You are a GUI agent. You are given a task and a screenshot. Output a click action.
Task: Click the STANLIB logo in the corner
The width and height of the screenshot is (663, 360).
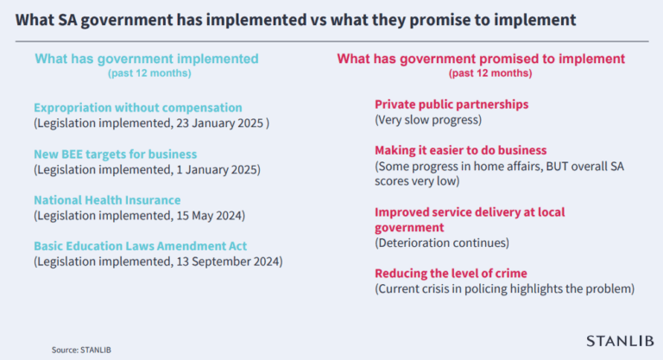click(x=620, y=341)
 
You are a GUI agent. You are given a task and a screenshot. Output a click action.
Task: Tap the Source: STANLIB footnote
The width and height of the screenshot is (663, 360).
click(x=81, y=350)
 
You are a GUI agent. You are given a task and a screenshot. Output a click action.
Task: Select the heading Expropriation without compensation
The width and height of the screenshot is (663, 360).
click(x=138, y=108)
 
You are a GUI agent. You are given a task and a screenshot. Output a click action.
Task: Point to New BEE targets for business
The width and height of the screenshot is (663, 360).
click(x=116, y=154)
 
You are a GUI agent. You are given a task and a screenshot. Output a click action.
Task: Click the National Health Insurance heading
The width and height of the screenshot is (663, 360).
click(x=107, y=200)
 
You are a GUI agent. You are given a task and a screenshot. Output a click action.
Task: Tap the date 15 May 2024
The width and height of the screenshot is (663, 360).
click(x=208, y=216)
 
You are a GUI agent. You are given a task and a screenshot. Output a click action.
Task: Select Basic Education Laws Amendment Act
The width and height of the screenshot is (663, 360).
click(x=141, y=246)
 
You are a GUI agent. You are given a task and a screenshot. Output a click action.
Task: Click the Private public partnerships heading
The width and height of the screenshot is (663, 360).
click(x=451, y=104)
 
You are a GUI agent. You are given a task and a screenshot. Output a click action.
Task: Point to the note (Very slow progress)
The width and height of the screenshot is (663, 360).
click(x=428, y=120)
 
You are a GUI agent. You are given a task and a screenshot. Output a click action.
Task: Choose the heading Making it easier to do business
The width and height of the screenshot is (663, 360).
click(x=461, y=150)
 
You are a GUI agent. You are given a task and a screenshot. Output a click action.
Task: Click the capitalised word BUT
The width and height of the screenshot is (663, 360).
click(x=557, y=167)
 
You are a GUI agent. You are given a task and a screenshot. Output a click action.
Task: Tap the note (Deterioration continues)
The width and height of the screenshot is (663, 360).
click(x=442, y=243)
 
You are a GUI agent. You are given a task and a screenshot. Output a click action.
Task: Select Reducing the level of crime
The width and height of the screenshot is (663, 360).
click(x=451, y=274)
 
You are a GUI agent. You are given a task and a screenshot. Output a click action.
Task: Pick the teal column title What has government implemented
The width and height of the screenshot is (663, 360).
click(x=147, y=59)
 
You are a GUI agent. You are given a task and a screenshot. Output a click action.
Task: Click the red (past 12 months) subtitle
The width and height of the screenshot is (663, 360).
click(x=490, y=73)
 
